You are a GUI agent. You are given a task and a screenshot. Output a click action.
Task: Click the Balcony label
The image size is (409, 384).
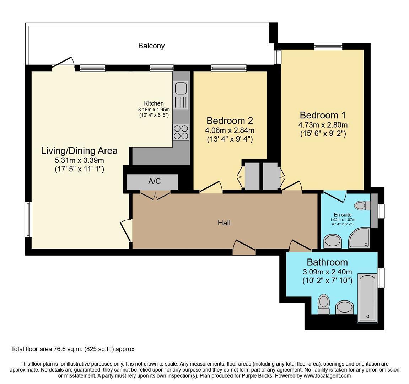151,46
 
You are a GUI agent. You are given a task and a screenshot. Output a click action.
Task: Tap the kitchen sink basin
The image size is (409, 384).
180,88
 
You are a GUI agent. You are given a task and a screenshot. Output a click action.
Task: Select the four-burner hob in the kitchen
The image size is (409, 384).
181,132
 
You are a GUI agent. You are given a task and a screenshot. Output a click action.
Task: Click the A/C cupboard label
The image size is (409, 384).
155,181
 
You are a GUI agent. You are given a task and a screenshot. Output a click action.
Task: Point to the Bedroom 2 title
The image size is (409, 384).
230,121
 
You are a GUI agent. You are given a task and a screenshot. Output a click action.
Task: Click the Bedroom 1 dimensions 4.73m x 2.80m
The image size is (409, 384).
323,125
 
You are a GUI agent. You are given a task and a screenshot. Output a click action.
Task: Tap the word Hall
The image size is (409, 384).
224,223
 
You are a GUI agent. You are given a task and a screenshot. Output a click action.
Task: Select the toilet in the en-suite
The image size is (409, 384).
362,205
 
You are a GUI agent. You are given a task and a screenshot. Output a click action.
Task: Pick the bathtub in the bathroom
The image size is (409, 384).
367,298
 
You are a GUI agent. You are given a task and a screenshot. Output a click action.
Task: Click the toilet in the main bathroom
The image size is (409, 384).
324,304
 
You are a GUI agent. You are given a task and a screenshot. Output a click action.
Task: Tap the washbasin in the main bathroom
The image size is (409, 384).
344,308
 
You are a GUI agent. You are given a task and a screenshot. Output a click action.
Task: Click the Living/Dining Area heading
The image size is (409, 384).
79,151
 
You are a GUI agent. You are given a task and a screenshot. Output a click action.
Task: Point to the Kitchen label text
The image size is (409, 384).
154,103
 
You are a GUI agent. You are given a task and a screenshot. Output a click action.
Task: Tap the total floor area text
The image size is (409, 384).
73,349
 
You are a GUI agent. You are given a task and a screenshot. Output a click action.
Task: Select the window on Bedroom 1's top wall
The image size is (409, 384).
328,46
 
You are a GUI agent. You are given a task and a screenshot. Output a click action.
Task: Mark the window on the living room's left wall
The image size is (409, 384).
28,219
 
